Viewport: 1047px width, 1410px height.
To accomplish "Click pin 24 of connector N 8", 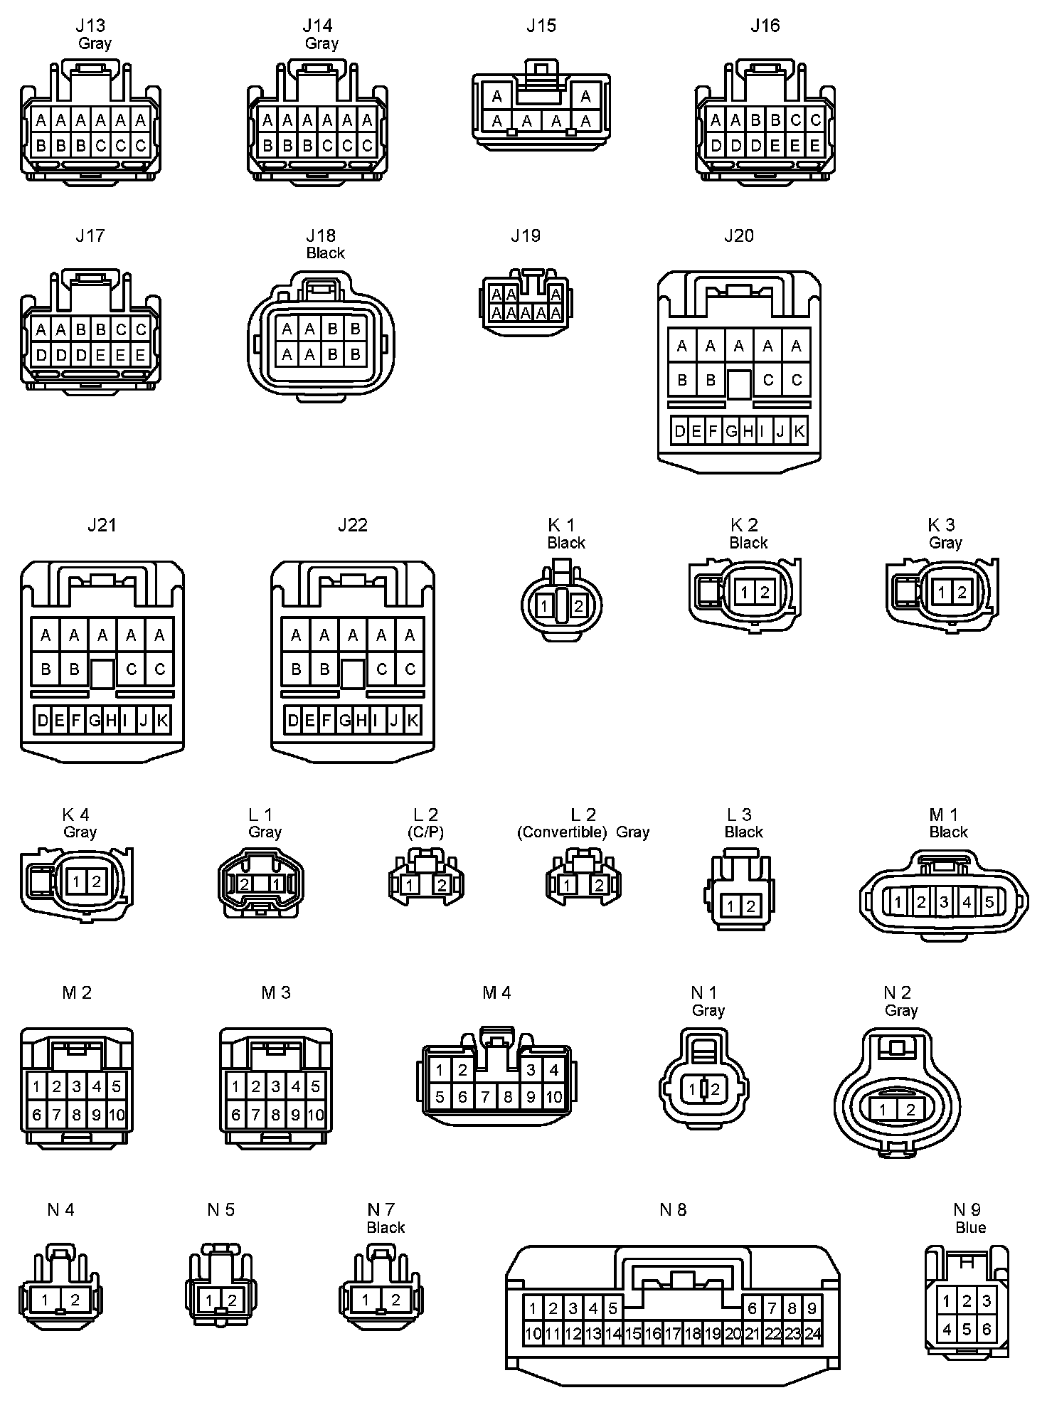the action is coord(812,1334).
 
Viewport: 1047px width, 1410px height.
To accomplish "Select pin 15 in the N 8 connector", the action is coord(632,1334).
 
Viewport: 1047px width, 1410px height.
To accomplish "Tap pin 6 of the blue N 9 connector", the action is coord(986,1329).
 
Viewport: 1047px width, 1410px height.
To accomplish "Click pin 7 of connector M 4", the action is coord(485,1097).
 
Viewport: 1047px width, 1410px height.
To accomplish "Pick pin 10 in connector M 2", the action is coord(117,1115).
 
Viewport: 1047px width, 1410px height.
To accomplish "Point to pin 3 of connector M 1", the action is coord(944,903).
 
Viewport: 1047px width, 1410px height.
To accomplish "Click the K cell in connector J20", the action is coord(799,431).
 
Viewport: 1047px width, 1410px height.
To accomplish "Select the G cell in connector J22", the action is coord(344,721).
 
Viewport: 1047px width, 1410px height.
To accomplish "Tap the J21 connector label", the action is coord(102,525).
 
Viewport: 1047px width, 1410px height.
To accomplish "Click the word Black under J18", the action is coord(326,253).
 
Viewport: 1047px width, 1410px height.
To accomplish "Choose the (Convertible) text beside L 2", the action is coord(562,832).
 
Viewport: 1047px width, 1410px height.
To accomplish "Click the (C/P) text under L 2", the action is coord(426,832).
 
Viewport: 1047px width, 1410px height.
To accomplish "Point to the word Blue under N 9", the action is coord(970,1228).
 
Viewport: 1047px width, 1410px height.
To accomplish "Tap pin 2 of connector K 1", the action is coord(578,606).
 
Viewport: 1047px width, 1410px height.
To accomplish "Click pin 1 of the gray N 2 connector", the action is coord(883,1109).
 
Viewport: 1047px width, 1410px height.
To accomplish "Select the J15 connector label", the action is coord(541,26).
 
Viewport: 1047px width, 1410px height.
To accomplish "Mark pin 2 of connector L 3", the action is coord(750,906).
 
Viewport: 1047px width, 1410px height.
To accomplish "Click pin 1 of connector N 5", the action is coord(209,1301).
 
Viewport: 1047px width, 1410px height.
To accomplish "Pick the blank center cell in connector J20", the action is coord(739,384).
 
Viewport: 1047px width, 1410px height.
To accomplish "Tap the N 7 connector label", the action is coord(381,1210).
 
